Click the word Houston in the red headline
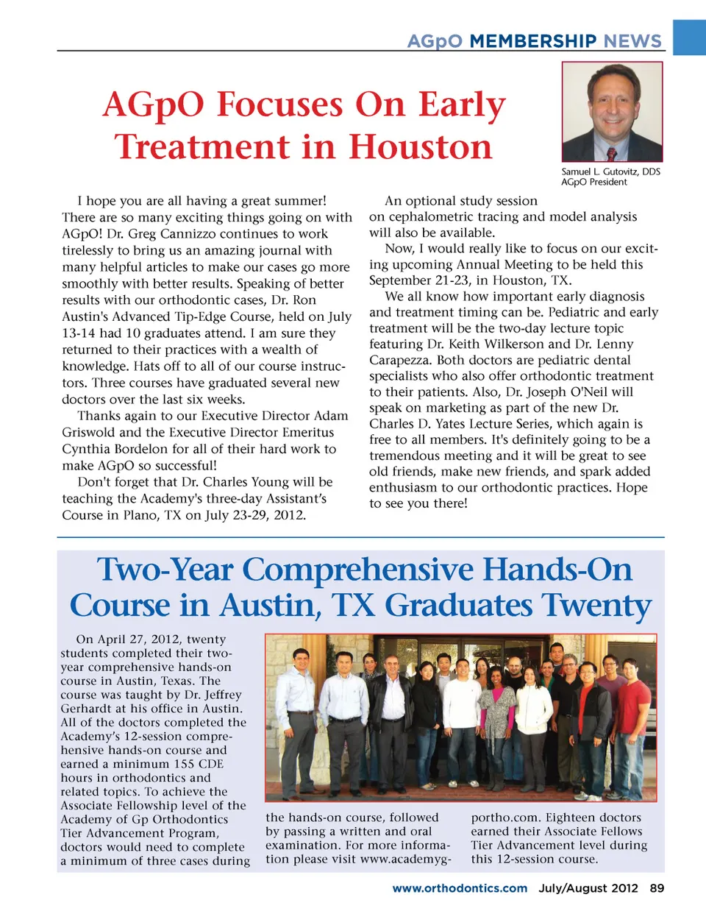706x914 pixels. point(420,146)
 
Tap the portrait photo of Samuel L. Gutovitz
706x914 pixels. point(612,112)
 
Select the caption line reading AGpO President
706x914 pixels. point(594,183)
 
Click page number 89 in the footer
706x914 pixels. point(657,888)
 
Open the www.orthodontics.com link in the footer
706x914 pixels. point(460,888)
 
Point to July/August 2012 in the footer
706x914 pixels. point(588,888)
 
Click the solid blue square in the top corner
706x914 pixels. point(690,37)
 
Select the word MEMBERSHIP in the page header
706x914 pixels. point(533,41)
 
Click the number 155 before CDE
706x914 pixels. point(188,764)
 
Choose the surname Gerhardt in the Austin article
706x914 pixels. point(89,709)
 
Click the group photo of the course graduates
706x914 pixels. point(460,718)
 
